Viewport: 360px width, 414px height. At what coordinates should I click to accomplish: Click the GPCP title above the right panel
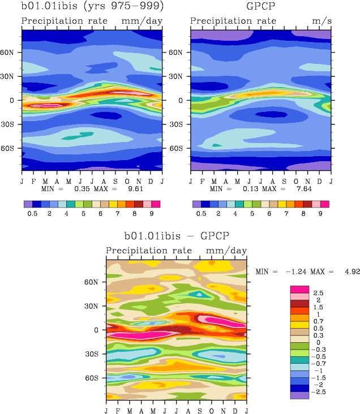(260, 7)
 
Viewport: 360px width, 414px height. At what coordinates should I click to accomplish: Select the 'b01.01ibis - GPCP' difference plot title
(177, 235)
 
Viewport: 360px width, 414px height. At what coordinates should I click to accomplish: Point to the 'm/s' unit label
(320, 21)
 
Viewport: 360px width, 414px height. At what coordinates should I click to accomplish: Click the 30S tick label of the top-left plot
(12, 124)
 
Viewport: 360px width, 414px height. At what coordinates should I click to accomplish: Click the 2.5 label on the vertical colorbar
(318, 293)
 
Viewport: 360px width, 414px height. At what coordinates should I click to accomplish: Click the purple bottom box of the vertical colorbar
(300, 395)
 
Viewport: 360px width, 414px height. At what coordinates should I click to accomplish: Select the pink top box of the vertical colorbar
(300, 289)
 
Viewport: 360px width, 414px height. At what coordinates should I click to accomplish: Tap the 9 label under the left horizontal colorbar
(151, 215)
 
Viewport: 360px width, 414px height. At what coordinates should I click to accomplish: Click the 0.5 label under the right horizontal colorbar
(201, 215)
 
